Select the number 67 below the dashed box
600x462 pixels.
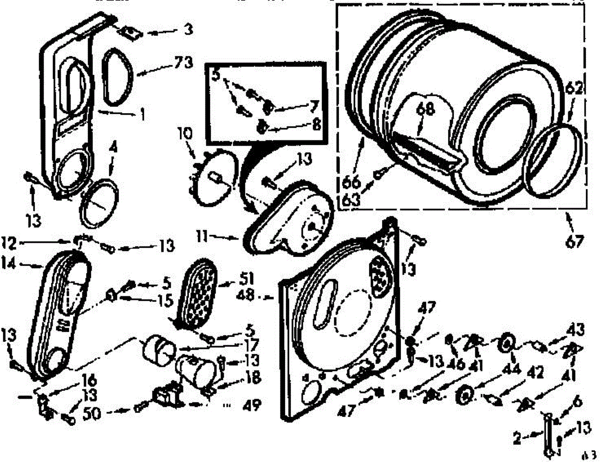click(574, 242)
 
